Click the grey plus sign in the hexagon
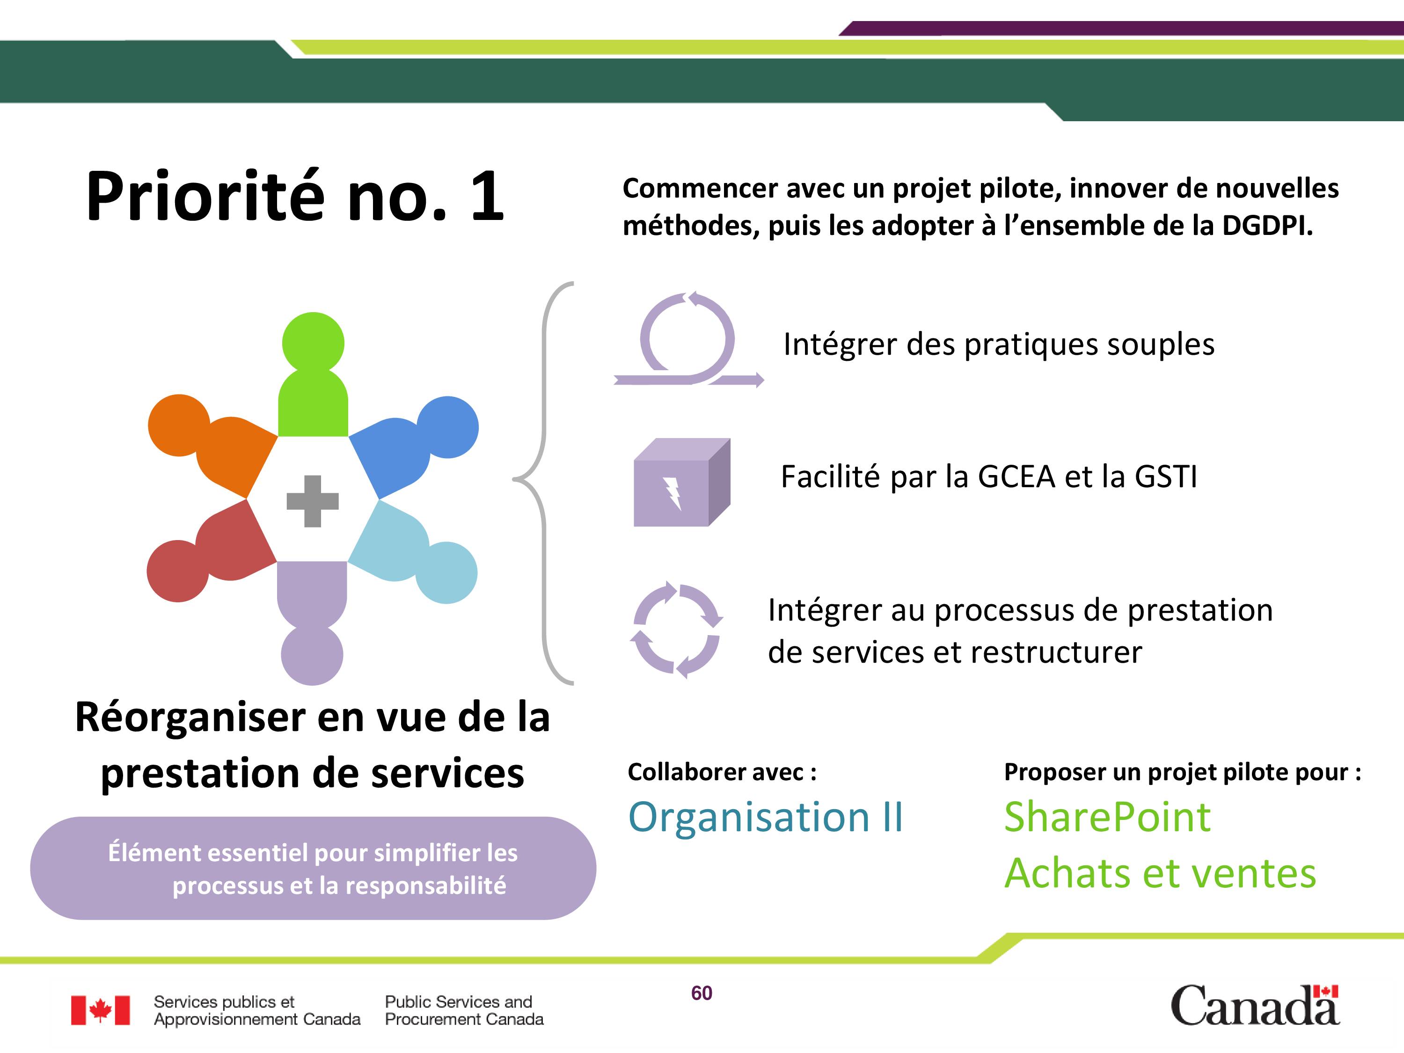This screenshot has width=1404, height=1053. [x=312, y=501]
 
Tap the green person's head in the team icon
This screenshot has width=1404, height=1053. [x=313, y=343]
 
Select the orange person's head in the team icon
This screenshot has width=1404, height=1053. [x=179, y=425]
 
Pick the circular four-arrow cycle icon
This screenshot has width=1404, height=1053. [x=676, y=629]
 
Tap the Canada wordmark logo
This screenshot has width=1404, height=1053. [x=1255, y=1005]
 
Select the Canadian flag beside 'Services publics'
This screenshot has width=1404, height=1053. [x=100, y=1010]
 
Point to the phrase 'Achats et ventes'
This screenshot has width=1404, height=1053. [x=1160, y=873]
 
